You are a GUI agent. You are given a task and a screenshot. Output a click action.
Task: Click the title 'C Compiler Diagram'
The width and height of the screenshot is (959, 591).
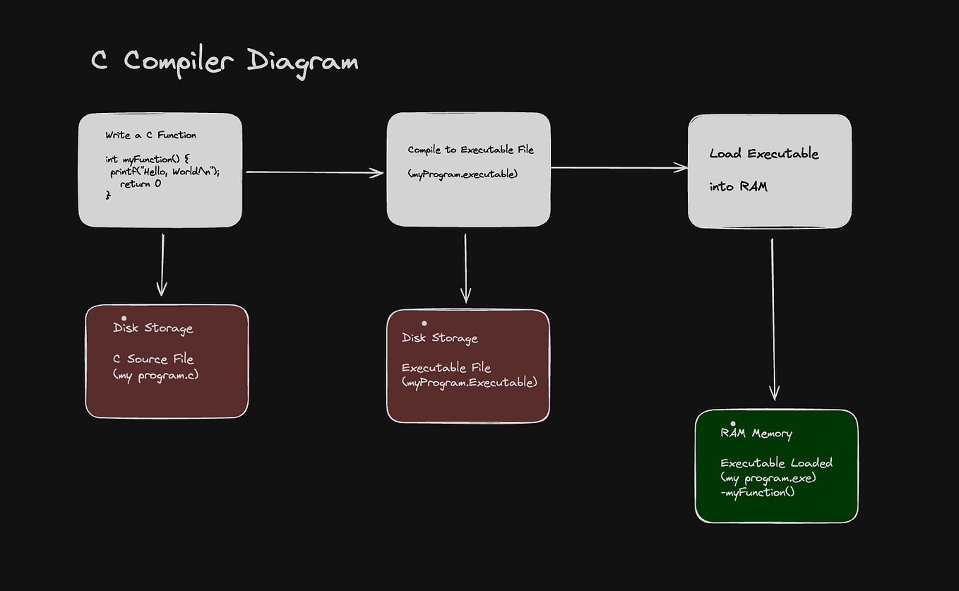[225, 61]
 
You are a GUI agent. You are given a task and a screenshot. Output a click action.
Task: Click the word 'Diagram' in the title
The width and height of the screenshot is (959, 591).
[302, 62]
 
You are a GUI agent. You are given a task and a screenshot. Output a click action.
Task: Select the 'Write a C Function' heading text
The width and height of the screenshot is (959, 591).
[151, 135]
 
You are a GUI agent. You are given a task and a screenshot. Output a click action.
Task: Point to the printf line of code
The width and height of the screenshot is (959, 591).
[165, 172]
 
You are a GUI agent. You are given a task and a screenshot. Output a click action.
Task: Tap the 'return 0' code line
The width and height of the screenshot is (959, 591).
[141, 184]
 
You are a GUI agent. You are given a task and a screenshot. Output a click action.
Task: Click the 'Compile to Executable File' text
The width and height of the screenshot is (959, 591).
[470, 150]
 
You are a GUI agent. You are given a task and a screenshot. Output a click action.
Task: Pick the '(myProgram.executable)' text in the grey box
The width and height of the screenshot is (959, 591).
[463, 174]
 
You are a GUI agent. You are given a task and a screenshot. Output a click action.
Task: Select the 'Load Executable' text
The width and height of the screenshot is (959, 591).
[764, 154]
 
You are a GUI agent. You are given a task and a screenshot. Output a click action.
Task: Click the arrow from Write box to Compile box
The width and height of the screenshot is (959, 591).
[314, 172]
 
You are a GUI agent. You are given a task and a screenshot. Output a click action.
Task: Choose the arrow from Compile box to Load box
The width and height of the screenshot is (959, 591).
[619, 167]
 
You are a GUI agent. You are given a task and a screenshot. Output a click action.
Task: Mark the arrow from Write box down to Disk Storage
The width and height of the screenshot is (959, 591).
[162, 264]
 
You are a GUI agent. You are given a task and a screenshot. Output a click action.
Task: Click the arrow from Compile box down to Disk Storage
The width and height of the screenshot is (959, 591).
[465, 268]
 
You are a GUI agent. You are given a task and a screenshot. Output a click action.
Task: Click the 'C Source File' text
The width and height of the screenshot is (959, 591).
[153, 359]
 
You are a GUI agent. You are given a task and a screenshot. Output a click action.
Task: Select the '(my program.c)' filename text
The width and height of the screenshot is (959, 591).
[156, 374]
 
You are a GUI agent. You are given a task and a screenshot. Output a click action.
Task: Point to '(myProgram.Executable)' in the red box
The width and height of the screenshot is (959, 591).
[470, 382]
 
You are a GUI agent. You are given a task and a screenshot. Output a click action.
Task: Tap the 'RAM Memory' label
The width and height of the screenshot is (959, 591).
[756, 434]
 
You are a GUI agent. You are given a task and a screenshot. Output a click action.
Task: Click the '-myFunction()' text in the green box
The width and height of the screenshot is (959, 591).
[758, 491]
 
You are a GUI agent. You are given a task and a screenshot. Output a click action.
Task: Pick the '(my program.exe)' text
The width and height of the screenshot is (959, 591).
[768, 477]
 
